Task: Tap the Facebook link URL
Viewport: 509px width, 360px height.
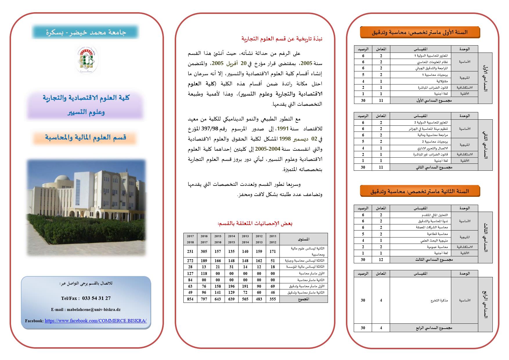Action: [95, 321]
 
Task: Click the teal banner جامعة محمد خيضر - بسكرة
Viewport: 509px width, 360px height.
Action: [85, 32]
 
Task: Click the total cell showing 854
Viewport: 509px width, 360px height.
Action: [190, 299]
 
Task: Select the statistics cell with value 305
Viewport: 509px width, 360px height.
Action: [204, 251]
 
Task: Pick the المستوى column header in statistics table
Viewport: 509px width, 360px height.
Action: [304, 239]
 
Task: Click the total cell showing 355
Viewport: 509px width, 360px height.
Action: [273, 299]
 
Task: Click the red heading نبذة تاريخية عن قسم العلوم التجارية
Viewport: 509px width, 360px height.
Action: [282, 39]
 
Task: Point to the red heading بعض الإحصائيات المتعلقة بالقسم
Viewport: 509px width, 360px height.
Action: [255, 224]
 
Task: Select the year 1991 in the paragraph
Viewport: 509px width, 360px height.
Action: [282, 129]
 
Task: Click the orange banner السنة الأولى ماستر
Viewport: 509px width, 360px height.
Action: [420, 32]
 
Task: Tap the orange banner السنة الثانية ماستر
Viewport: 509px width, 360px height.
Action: [420, 191]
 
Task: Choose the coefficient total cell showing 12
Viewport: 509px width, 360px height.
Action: [381, 260]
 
